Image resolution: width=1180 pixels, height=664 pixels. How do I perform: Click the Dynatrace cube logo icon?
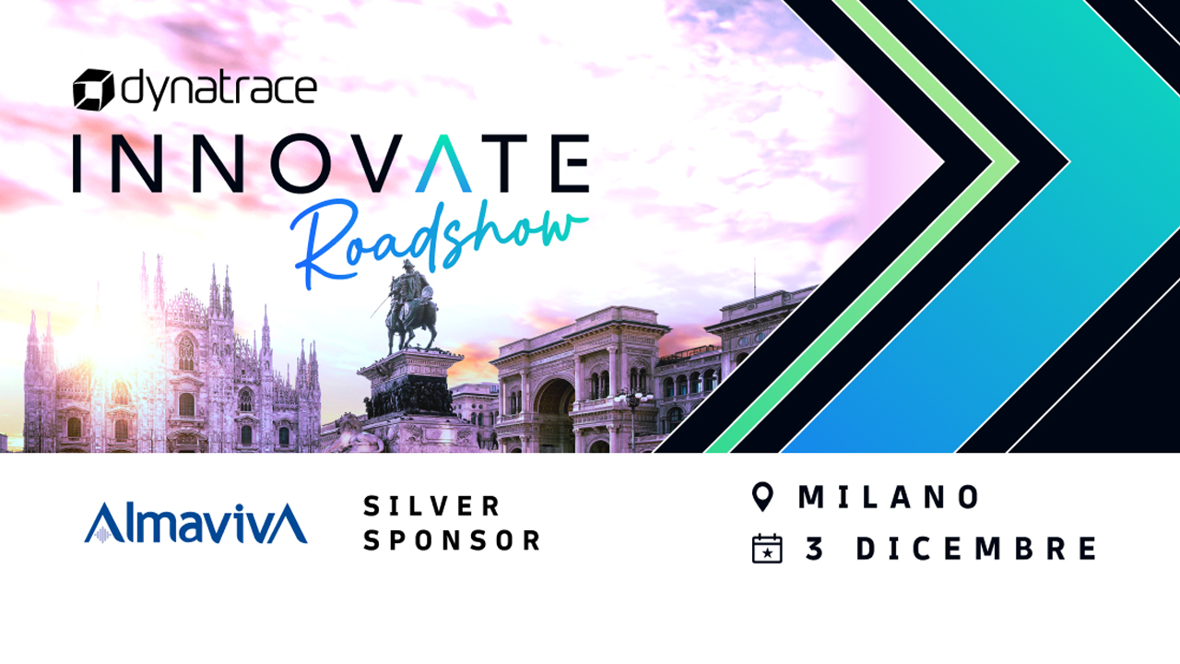click(93, 89)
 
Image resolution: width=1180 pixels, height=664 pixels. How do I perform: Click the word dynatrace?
click(219, 89)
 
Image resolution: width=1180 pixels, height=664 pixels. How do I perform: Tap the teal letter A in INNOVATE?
click(443, 163)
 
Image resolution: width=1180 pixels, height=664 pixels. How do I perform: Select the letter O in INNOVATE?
click(305, 163)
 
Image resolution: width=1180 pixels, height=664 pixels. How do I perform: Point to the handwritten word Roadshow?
click(439, 243)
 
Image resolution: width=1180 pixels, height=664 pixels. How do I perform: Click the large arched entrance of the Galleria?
click(553, 415)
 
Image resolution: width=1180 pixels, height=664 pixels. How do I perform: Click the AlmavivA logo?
click(195, 523)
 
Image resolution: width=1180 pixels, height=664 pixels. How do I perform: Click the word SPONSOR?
click(452, 540)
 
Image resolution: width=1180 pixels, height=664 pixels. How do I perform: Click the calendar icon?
click(767, 549)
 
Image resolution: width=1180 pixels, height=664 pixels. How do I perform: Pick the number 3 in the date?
click(814, 548)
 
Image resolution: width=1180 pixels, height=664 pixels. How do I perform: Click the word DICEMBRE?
click(976, 548)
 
